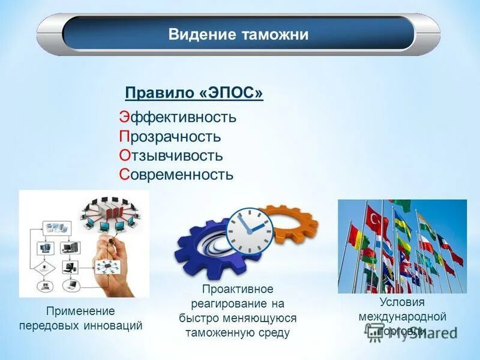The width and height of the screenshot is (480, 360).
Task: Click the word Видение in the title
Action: pos(200,34)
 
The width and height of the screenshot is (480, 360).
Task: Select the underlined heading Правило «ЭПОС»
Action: pos(194,94)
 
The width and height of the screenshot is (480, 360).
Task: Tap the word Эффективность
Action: pos(178,117)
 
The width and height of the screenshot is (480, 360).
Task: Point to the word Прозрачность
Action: pos(170,136)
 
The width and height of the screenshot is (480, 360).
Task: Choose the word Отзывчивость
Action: pos(171,155)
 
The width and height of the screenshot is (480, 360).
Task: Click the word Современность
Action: pos(176,175)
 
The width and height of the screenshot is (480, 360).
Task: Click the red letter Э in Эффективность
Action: pos(123,117)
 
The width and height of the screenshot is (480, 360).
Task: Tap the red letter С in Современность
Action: pos(124,175)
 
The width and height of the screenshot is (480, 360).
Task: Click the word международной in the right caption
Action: pos(402,316)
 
